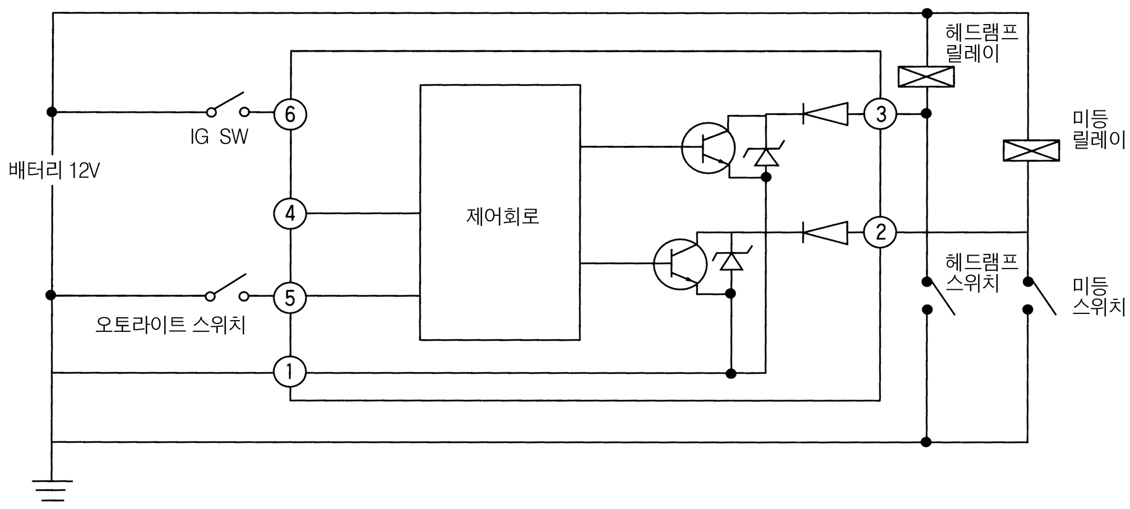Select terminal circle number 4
(x=290, y=214)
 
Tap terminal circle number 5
(x=290, y=298)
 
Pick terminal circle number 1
(x=290, y=372)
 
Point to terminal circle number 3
(x=881, y=114)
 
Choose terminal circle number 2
(x=881, y=232)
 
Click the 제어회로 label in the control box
(x=502, y=216)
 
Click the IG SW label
(x=219, y=136)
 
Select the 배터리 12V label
(x=54, y=170)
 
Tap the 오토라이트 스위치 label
(x=170, y=325)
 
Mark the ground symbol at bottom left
(x=52, y=490)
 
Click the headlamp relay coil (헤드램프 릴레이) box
(x=926, y=77)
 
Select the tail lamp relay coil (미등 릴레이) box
(x=1031, y=150)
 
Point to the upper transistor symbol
(x=708, y=148)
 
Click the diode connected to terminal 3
(x=825, y=114)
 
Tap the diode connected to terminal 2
(x=825, y=232)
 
